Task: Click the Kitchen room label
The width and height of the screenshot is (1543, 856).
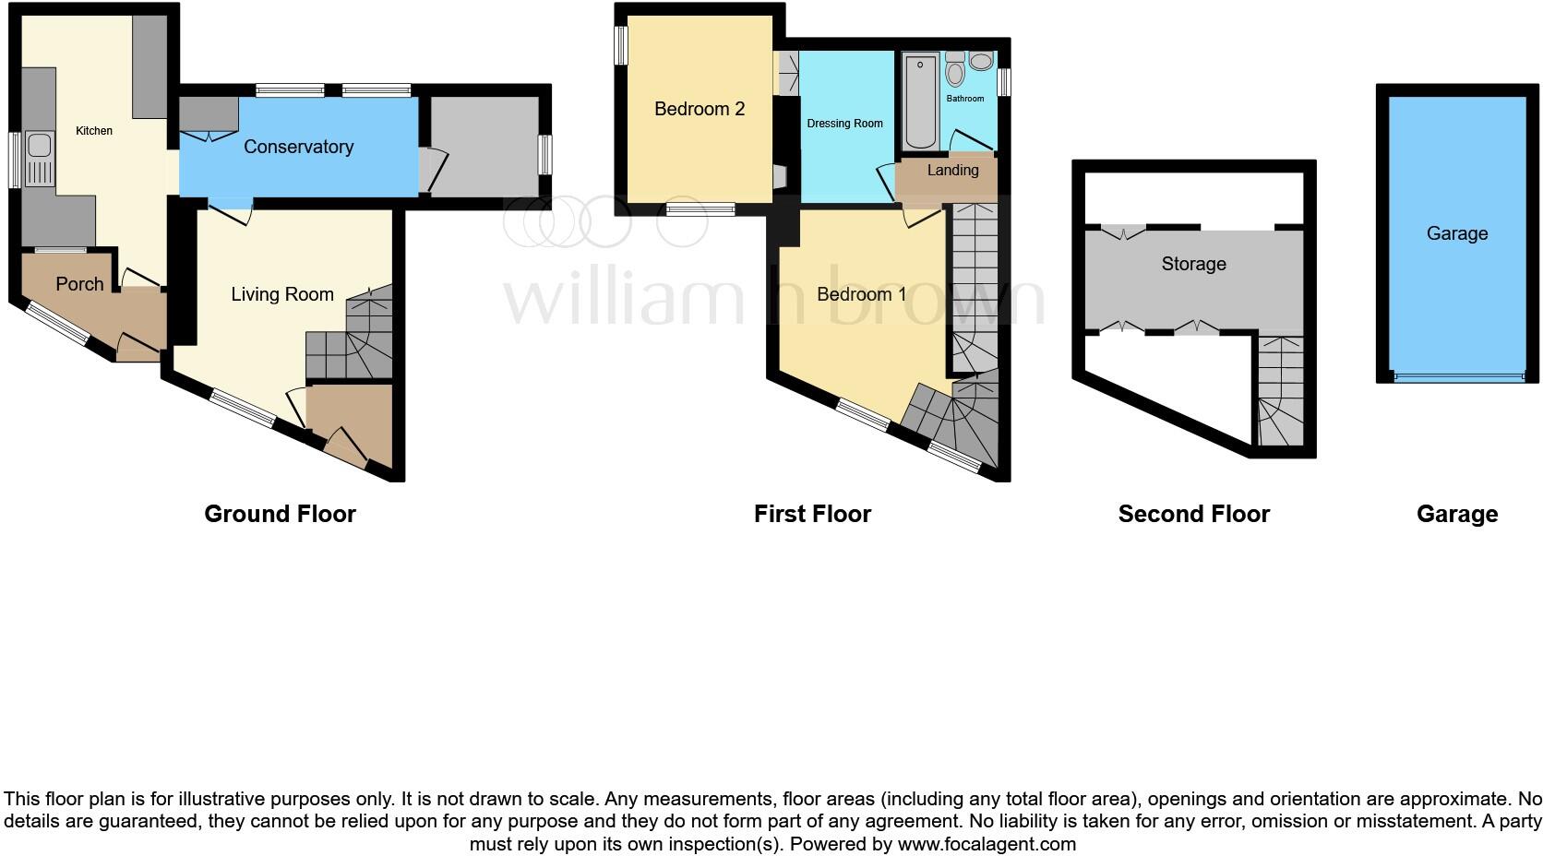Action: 94,131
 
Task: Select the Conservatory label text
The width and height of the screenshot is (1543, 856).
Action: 298,147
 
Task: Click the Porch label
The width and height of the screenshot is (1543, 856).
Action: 79,284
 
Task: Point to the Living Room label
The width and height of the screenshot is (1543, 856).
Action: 281,294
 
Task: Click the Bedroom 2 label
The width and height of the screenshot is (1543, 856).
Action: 699,109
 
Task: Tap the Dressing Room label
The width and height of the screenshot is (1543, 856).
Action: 844,124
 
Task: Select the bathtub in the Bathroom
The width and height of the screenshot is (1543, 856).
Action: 920,101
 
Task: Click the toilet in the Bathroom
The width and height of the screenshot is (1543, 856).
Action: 955,70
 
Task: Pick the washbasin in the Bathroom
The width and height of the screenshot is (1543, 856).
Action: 981,62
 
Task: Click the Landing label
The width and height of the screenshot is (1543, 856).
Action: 952,171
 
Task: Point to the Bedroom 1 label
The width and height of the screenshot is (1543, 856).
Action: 861,294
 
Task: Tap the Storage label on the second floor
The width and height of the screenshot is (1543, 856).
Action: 1193,264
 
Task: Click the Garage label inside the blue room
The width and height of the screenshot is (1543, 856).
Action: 1456,233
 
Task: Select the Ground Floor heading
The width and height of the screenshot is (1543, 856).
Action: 280,514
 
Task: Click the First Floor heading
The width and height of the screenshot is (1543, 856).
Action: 812,514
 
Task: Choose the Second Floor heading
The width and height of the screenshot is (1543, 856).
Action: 1193,514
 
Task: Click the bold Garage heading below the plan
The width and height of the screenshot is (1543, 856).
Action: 1456,514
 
